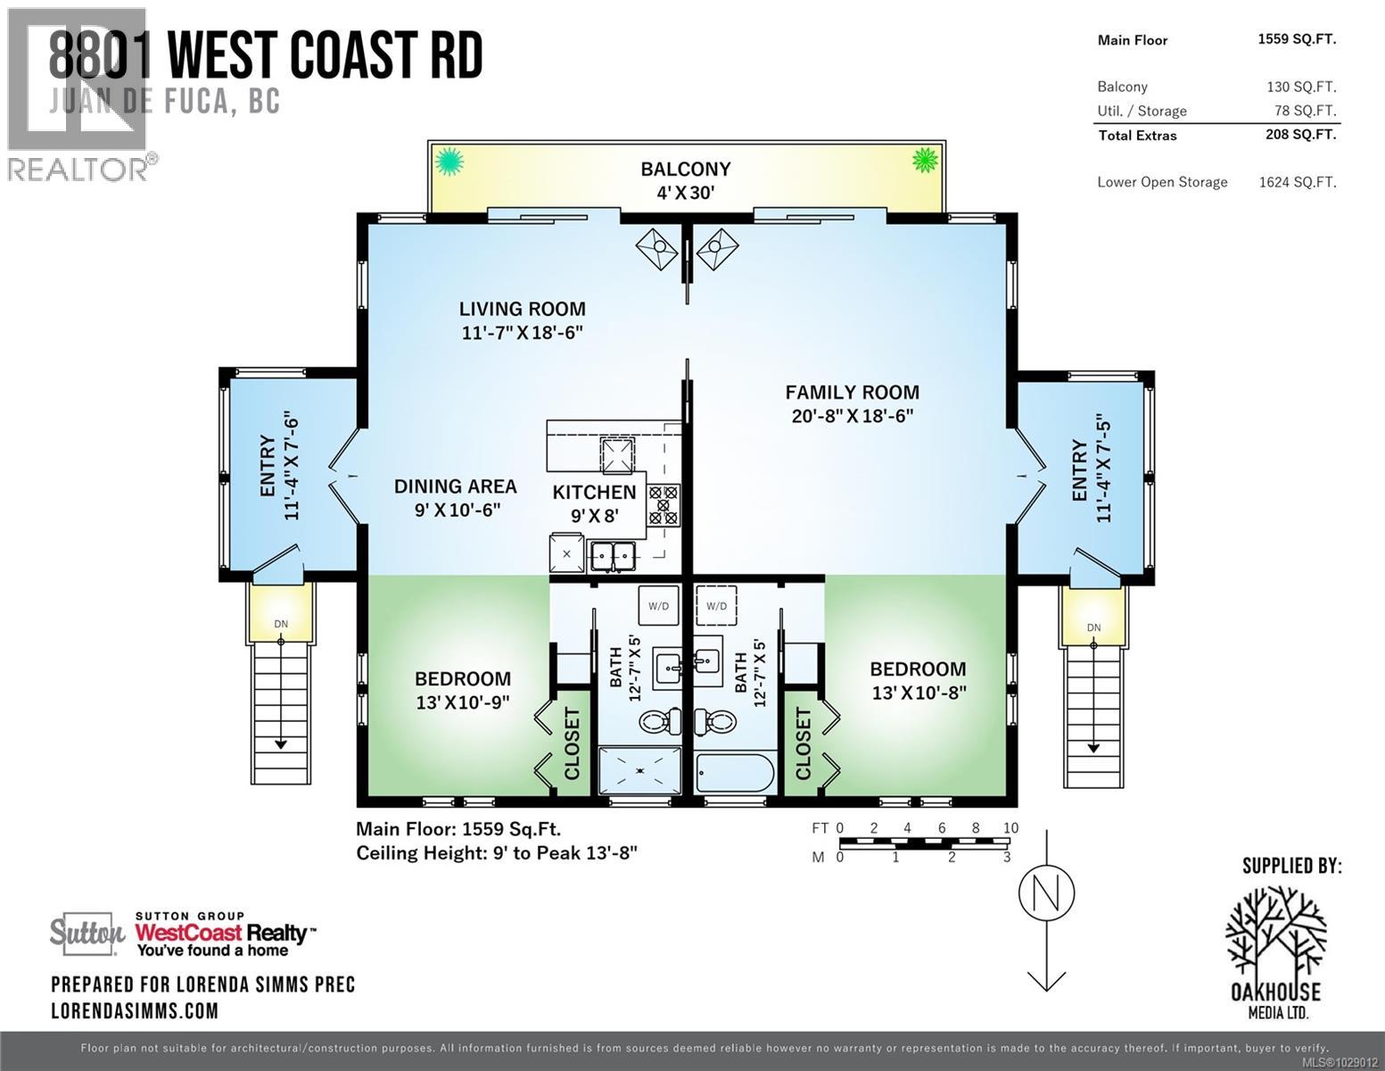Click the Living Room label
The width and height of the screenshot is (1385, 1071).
click(522, 309)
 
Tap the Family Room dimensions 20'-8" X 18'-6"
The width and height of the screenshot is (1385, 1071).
click(852, 416)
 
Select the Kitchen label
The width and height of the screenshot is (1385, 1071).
click(594, 492)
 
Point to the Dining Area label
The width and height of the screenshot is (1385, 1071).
click(455, 486)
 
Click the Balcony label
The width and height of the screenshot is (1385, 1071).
click(685, 169)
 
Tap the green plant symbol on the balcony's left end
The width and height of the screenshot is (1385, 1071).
click(449, 162)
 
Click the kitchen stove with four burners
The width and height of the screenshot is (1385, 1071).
click(664, 503)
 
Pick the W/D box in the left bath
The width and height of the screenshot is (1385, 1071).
click(658, 606)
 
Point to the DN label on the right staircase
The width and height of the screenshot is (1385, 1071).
click(1093, 627)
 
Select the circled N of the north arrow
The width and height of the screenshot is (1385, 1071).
click(1046, 892)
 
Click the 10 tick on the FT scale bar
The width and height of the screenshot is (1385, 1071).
click(1010, 828)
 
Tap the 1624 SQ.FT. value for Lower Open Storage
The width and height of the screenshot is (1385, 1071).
click(1297, 182)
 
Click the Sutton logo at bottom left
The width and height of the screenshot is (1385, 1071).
click(87, 934)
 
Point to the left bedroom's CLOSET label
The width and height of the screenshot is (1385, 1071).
click(572, 743)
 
